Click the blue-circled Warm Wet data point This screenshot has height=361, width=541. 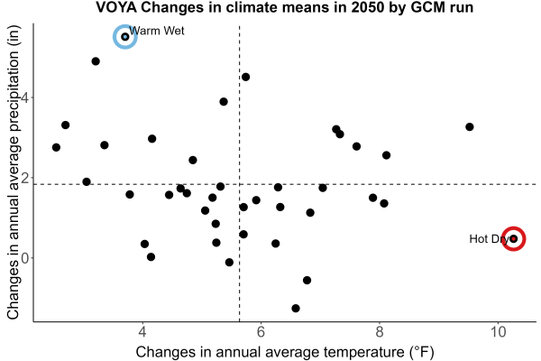click(125, 37)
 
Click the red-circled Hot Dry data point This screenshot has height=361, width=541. click(513, 238)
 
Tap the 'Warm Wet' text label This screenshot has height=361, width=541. click(157, 31)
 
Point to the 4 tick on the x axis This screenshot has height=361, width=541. click(142, 332)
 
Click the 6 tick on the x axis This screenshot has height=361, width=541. click(261, 332)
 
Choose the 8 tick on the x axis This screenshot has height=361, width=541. click(380, 332)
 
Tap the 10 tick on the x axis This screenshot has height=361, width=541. click(498, 332)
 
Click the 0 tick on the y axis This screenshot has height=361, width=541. click(25, 258)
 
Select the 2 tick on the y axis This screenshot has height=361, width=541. click(25, 178)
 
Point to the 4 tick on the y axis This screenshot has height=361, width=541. click(25, 97)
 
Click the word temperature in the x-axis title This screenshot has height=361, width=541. click(361, 352)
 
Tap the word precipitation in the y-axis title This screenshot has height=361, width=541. click(14, 99)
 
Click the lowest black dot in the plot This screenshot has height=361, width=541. click(296, 308)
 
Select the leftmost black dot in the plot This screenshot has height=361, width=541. click(56, 147)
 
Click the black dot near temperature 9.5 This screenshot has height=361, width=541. click(469, 126)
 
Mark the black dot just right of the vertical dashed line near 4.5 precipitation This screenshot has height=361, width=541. click(245, 77)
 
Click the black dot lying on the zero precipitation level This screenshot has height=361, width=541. click(151, 256)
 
